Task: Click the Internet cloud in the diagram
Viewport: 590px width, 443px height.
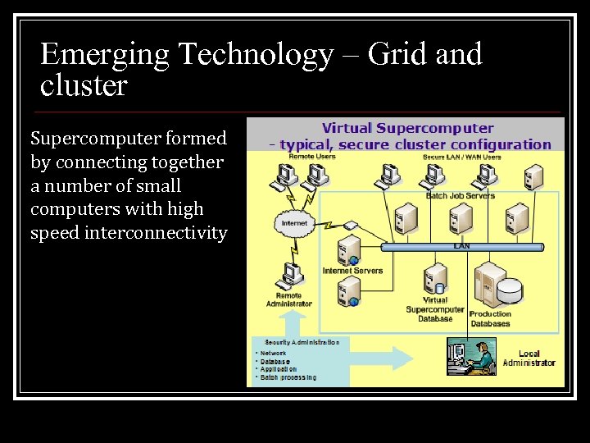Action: [x=293, y=223]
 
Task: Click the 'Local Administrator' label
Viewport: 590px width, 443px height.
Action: [x=529, y=359]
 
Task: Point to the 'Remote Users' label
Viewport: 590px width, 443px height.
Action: [x=289, y=156]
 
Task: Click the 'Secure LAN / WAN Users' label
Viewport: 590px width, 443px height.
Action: [x=461, y=156]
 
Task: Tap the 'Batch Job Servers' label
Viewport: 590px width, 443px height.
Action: [x=460, y=195]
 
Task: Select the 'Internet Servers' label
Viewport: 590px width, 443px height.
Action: [x=353, y=270]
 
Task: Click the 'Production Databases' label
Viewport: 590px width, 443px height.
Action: [x=490, y=318]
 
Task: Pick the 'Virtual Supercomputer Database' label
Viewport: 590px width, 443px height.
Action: [x=434, y=309]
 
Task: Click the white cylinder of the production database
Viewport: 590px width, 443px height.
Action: [x=509, y=290]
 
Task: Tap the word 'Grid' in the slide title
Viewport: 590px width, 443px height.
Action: [x=398, y=55]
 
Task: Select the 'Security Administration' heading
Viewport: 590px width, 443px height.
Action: [x=301, y=342]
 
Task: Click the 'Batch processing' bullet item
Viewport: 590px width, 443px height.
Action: [x=287, y=377]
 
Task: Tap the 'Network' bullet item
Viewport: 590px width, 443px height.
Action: [x=273, y=354]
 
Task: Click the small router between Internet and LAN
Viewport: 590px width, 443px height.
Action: [x=351, y=225]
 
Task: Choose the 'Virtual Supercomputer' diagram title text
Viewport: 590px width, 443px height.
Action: [x=407, y=128]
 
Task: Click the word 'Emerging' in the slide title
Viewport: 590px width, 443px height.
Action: [x=105, y=55]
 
